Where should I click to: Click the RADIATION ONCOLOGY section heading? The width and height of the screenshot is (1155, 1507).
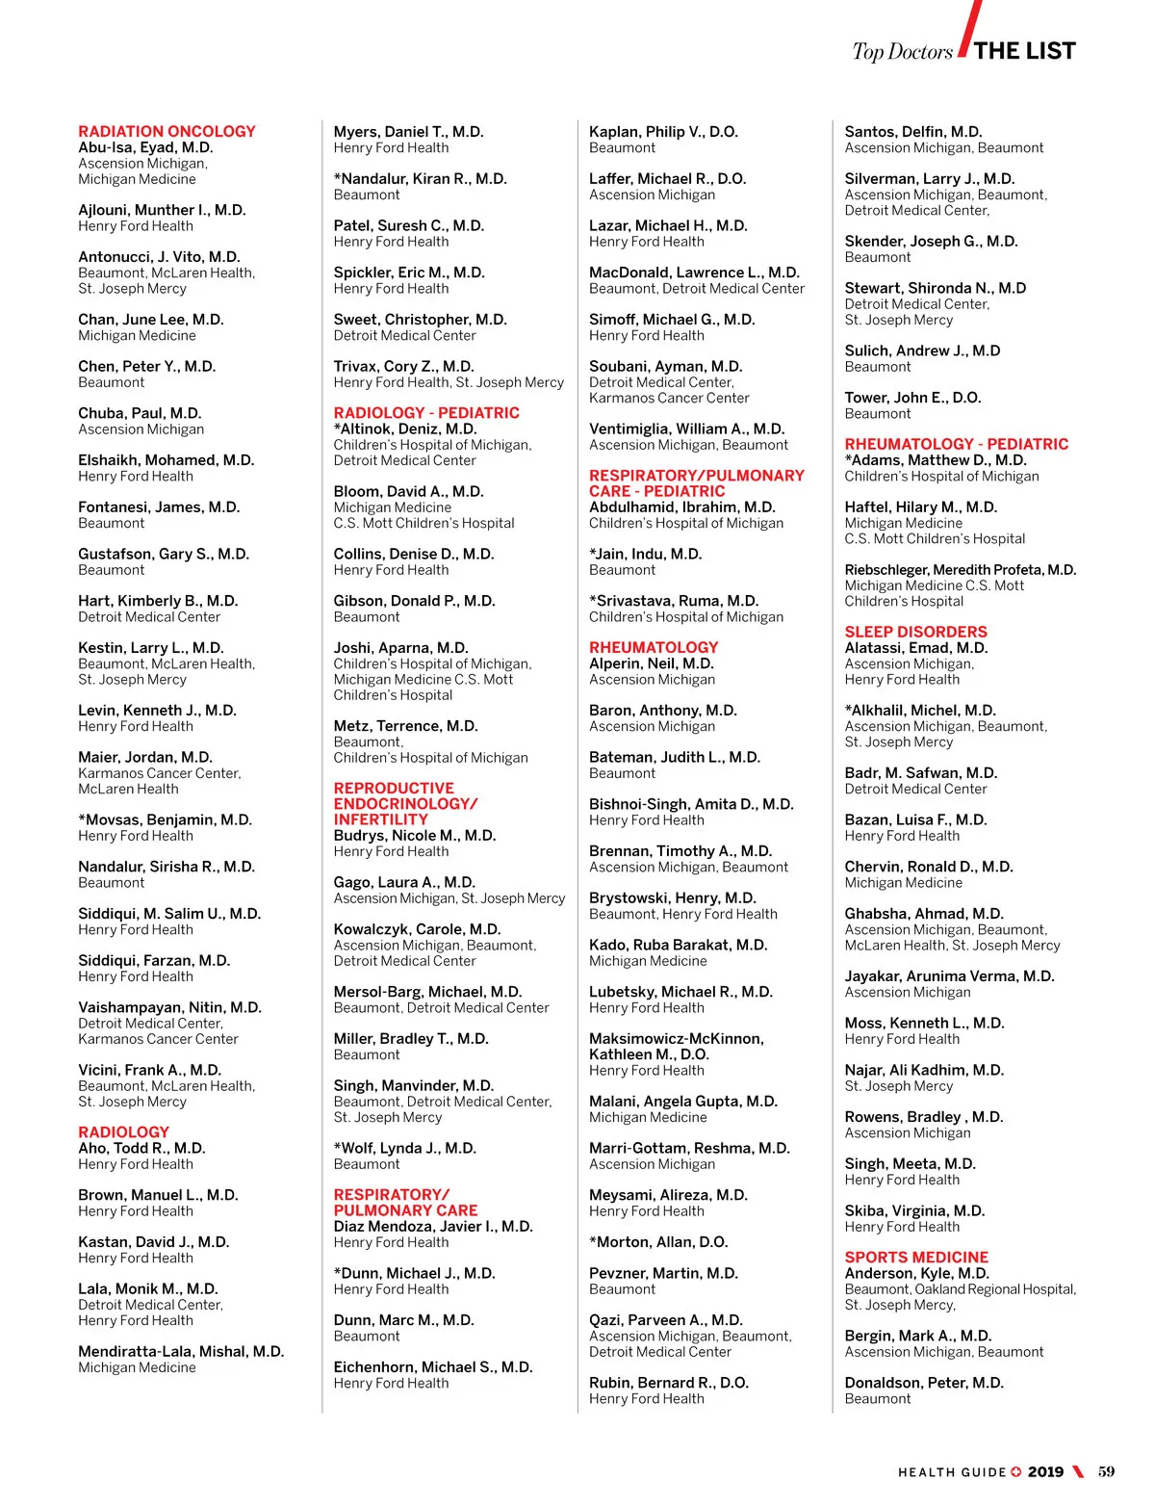[x=167, y=131]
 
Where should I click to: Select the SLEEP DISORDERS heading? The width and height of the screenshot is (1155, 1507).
[x=915, y=632]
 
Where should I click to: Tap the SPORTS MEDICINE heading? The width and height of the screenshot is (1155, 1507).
[x=916, y=1257]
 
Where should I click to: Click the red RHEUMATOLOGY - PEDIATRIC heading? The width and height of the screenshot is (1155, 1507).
[x=956, y=444]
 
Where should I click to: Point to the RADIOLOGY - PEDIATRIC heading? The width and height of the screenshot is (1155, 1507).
[x=426, y=412]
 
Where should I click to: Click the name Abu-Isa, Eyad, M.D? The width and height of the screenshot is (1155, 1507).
[x=145, y=147]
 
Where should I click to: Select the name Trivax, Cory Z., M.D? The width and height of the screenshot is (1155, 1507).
[x=403, y=366]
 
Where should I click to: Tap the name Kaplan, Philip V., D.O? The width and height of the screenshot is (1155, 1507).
[x=663, y=132]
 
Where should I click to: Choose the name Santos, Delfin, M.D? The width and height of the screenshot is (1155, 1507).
[x=912, y=132]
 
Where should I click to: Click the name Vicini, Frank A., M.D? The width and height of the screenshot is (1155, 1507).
[x=149, y=1070]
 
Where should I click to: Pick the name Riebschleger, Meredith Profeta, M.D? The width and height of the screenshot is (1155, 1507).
[x=960, y=570]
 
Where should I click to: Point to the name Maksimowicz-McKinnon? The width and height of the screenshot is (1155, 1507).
[x=676, y=1038]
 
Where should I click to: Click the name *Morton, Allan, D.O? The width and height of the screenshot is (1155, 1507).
[x=658, y=1242]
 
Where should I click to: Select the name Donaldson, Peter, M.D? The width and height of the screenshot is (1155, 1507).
[x=923, y=1383]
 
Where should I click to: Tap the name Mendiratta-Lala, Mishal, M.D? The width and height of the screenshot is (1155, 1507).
[x=181, y=1351]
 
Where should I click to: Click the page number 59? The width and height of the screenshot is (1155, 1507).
[x=1106, y=1471]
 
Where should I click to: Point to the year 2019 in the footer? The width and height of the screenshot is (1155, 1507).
[x=1045, y=1471]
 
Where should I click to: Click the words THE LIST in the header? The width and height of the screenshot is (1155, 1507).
[x=1024, y=51]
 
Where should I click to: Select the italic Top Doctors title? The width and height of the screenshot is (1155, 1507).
[x=902, y=52]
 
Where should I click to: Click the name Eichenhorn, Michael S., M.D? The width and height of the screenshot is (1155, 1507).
[x=432, y=1367]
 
